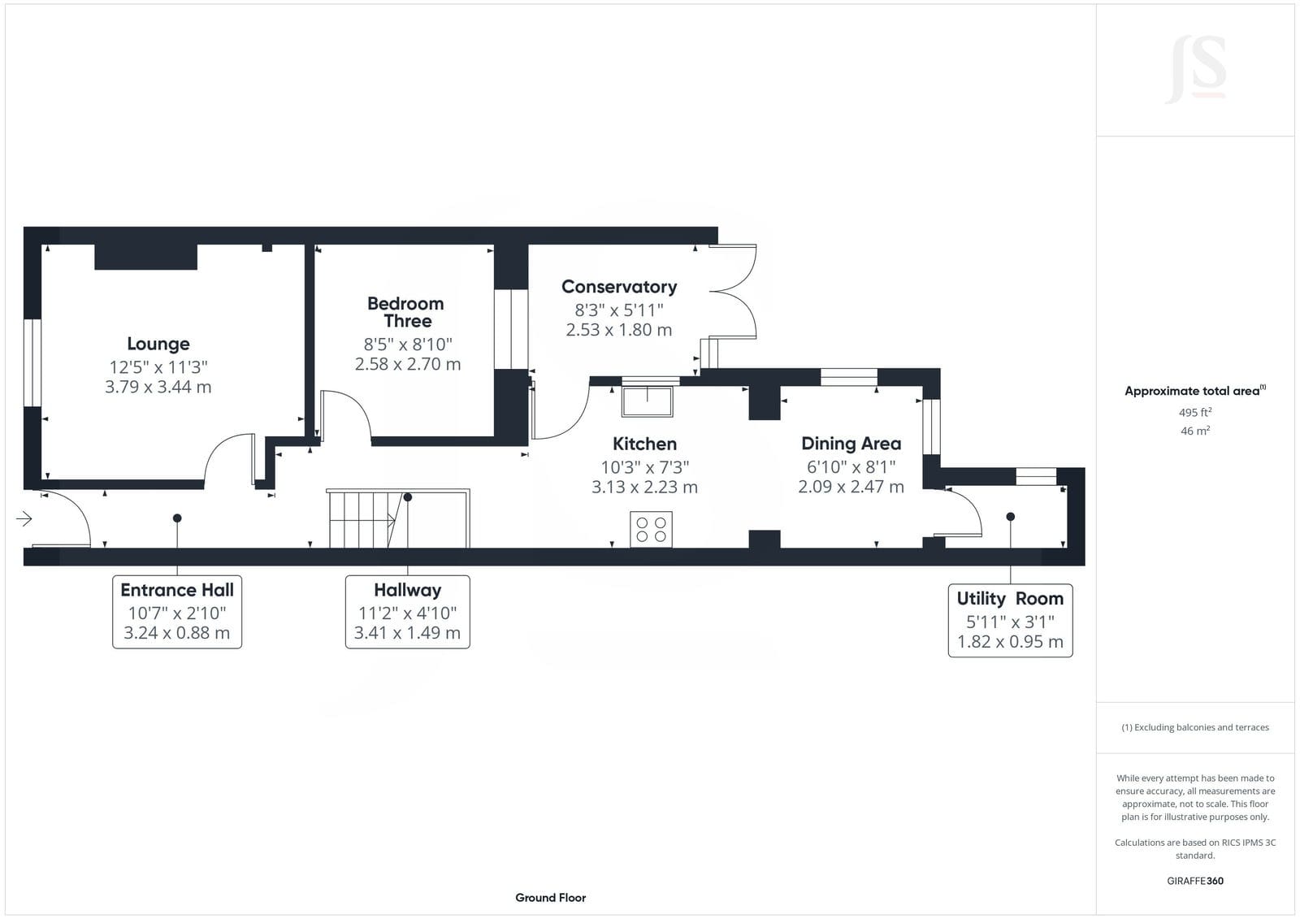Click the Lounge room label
tap(158, 344)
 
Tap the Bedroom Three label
tap(406, 312)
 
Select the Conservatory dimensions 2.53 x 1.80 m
tap(618, 330)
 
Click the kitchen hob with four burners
tap(651, 529)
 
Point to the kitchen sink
tap(647, 401)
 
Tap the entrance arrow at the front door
tap(24, 518)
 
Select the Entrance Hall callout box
tap(177, 612)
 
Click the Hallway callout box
tap(407, 612)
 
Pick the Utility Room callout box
tap(1011, 621)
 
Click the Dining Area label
tap(851, 444)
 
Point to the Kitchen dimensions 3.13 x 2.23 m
tap(645, 487)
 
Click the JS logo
tap(1195, 70)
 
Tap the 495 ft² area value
tap(1195, 412)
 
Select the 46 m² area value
tap(1195, 431)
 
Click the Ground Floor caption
tap(551, 898)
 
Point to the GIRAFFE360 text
tap(1195, 881)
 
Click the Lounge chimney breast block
tap(145, 257)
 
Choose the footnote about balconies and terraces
tap(1195, 727)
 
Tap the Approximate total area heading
tap(1195, 391)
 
